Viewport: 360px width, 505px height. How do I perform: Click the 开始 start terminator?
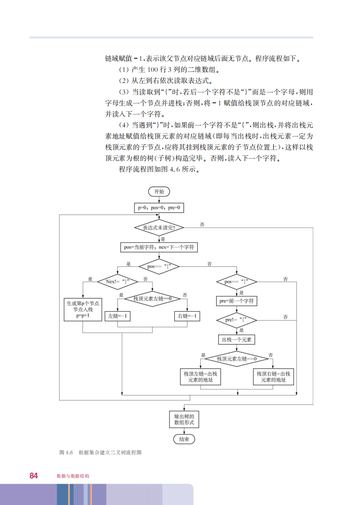tap(159, 191)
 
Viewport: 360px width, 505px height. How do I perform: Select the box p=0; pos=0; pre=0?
tap(159, 207)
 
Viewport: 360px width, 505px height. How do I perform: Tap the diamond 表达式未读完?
tap(159, 228)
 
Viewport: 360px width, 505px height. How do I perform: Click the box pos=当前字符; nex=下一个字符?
tap(159, 247)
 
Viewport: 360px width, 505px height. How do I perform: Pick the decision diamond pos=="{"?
tap(159, 267)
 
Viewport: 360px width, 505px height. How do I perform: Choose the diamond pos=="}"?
tap(237, 281)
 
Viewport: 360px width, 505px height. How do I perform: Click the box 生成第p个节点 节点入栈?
tap(82, 309)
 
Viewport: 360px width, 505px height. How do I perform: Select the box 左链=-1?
tap(117, 316)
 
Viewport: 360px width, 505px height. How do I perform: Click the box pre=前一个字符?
tap(237, 301)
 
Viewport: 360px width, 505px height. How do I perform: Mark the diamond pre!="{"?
tap(237, 319)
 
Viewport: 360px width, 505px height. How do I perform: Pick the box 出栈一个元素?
tap(237, 340)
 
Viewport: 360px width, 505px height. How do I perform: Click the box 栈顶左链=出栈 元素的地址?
tap(200, 377)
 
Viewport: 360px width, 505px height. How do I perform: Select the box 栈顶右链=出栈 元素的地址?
tap(274, 377)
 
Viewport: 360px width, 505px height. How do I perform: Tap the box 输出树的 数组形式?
tap(184, 419)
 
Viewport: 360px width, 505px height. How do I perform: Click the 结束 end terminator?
tap(184, 439)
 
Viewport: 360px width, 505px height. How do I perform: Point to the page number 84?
tap(34, 475)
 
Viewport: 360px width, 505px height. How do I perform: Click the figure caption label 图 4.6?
tap(66, 453)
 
